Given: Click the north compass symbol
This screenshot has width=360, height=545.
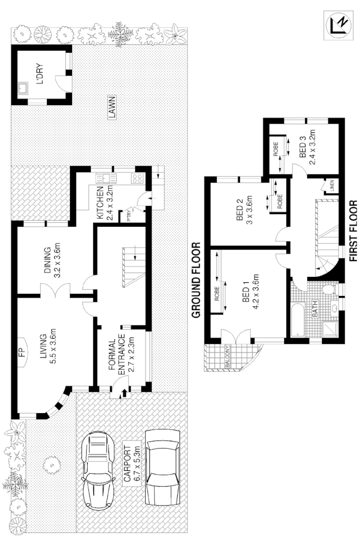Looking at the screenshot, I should click(x=339, y=25).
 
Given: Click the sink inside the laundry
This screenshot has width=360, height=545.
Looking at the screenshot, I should click(x=23, y=88).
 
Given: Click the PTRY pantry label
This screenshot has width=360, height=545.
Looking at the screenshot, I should click(x=129, y=214).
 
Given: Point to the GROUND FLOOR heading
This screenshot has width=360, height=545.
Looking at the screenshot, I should click(x=196, y=280).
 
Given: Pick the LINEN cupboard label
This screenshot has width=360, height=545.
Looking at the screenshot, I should click(x=331, y=186).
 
